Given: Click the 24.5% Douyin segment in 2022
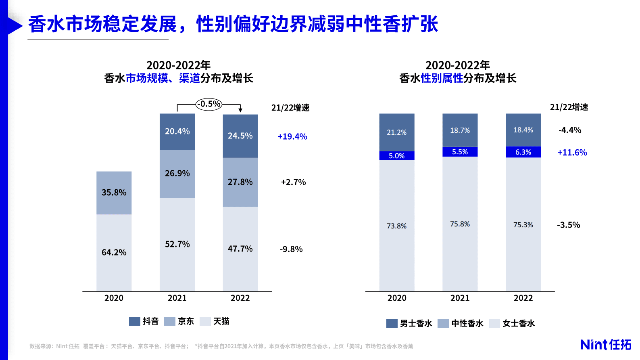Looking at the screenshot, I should click(240, 136).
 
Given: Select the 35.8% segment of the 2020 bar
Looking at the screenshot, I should click(114, 193).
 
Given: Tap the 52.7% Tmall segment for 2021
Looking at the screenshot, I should click(177, 244).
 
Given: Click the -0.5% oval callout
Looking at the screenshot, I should click(209, 104).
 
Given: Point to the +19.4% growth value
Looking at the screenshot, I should click(292, 136).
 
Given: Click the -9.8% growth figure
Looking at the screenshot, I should click(291, 249).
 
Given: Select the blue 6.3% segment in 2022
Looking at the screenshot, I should click(523, 152).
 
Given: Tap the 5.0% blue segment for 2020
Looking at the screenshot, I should click(396, 156).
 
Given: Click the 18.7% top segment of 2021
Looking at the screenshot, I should click(460, 130).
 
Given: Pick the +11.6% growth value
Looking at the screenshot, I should click(572, 153).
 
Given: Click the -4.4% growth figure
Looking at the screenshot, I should click(570, 130).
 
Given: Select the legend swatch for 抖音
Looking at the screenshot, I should click(134, 321).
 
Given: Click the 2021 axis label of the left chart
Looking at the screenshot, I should click(177, 298).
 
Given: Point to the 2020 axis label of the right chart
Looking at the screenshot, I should click(397, 298).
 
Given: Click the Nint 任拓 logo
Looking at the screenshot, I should click(606, 344).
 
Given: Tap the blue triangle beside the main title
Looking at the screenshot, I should click(15, 26).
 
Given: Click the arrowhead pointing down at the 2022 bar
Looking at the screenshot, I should click(240, 109).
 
